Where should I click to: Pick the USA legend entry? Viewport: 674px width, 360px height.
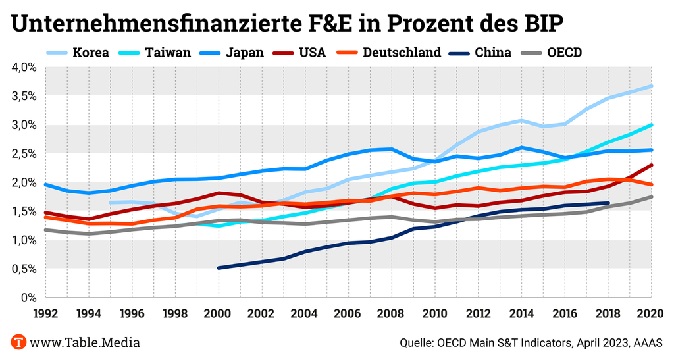pos(312,53)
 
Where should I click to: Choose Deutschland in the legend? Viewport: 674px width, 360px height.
pos(402,53)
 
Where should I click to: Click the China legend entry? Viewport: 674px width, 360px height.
pos(492,53)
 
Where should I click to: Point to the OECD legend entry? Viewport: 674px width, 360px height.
pos(564,53)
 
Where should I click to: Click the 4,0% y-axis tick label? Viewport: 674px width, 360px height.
pos(24,66)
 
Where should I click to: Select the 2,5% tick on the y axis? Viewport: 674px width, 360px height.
pos(24,153)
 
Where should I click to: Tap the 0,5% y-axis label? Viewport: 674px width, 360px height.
pos(24,269)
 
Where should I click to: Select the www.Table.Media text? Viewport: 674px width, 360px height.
pos(85,342)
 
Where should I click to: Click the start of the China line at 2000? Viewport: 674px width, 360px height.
pos(219,268)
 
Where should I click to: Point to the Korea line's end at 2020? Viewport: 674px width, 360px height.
pos(651,86)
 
